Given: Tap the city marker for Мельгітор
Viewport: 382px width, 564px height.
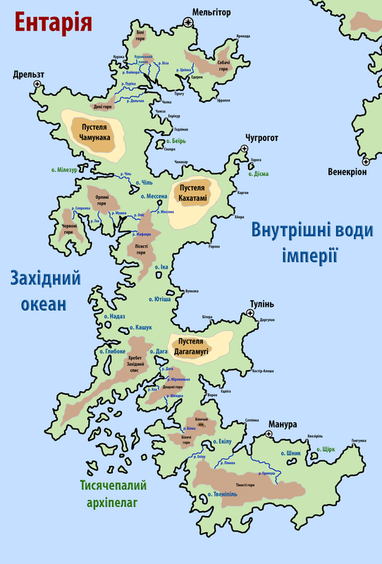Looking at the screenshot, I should point(188,23).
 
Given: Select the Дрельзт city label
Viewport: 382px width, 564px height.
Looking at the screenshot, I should point(28,74).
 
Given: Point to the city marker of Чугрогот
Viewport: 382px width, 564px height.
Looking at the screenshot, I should point(244,148).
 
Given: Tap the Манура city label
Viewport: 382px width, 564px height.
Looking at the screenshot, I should point(282,424).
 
